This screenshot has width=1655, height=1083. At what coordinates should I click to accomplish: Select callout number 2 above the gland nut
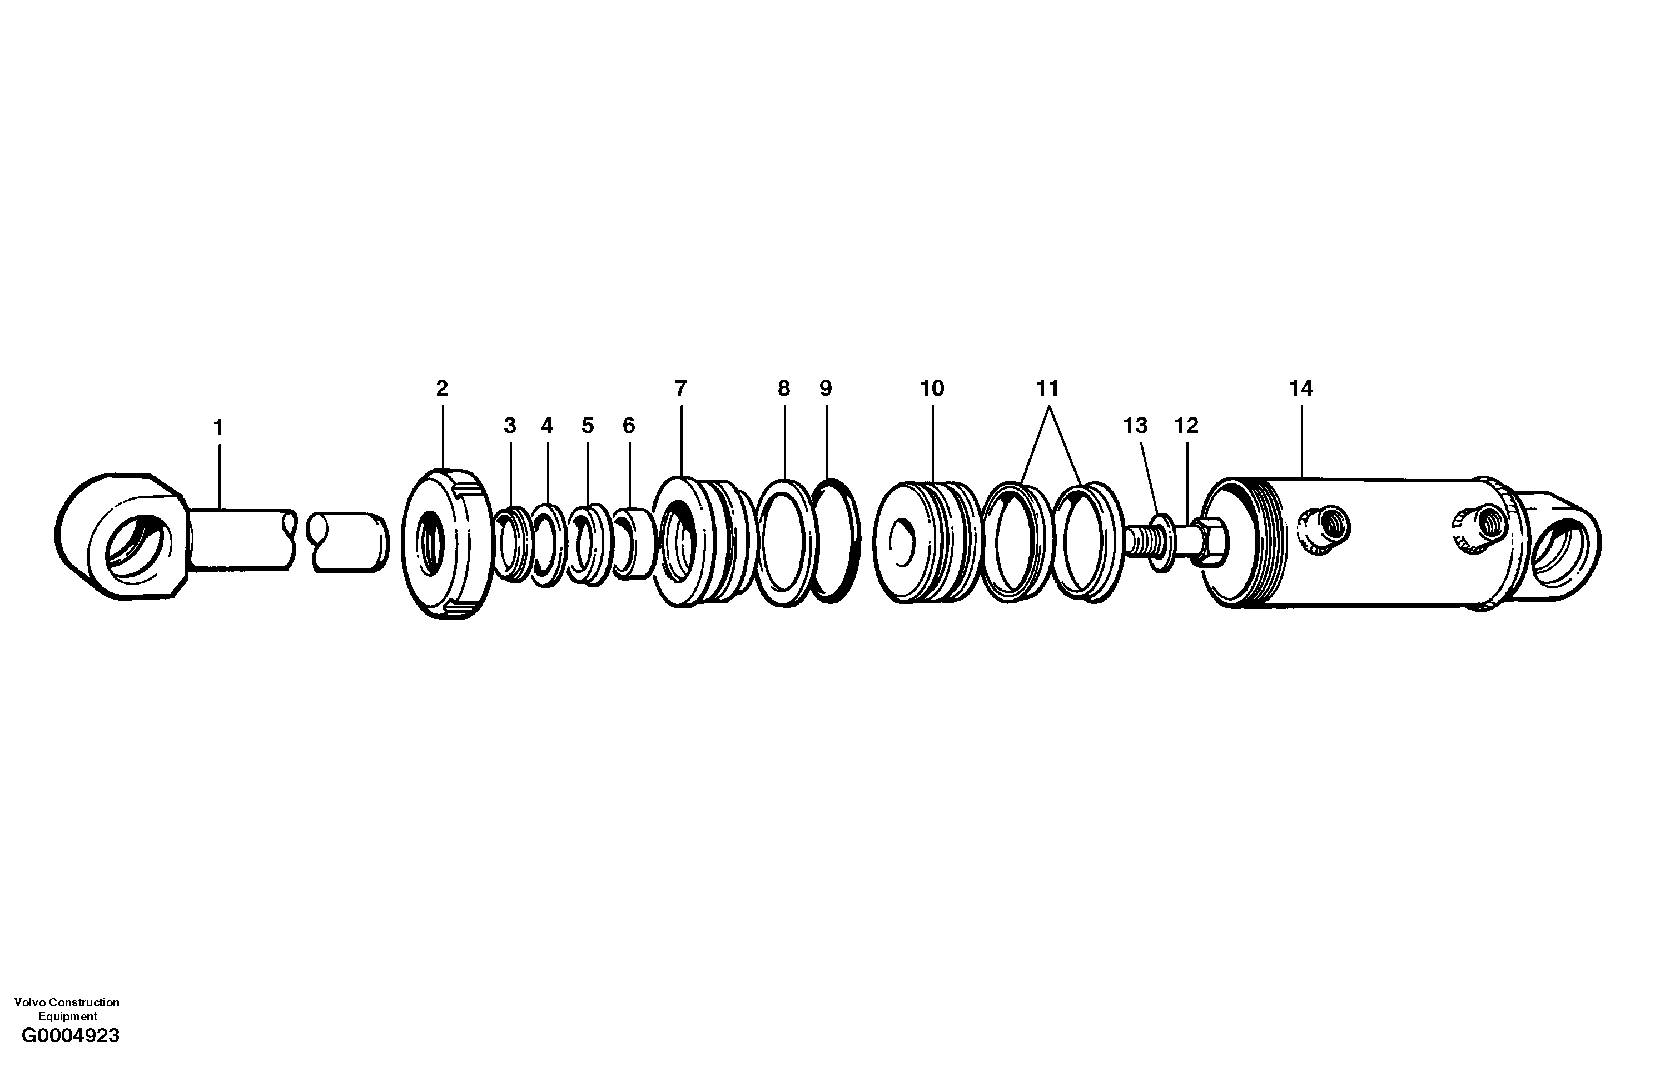(443, 388)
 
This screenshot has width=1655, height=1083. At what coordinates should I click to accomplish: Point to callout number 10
(932, 388)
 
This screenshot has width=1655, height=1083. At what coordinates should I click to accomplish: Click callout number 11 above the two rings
(1047, 388)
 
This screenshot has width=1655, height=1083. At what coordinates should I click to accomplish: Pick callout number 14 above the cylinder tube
(1300, 388)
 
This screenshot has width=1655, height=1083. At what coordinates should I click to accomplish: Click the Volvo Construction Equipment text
(67, 1009)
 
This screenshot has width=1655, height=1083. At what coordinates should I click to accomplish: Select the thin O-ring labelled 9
(837, 541)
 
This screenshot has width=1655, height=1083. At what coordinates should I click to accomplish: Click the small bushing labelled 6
(634, 543)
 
